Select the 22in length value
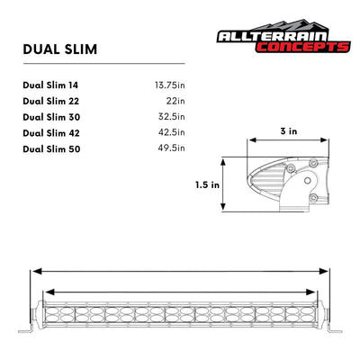coord(175,101)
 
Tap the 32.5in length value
coord(170,116)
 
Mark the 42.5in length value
coord(170,131)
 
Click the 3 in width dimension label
coord(287,130)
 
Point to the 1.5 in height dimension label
coord(207,184)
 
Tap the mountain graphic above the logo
coord(270,23)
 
